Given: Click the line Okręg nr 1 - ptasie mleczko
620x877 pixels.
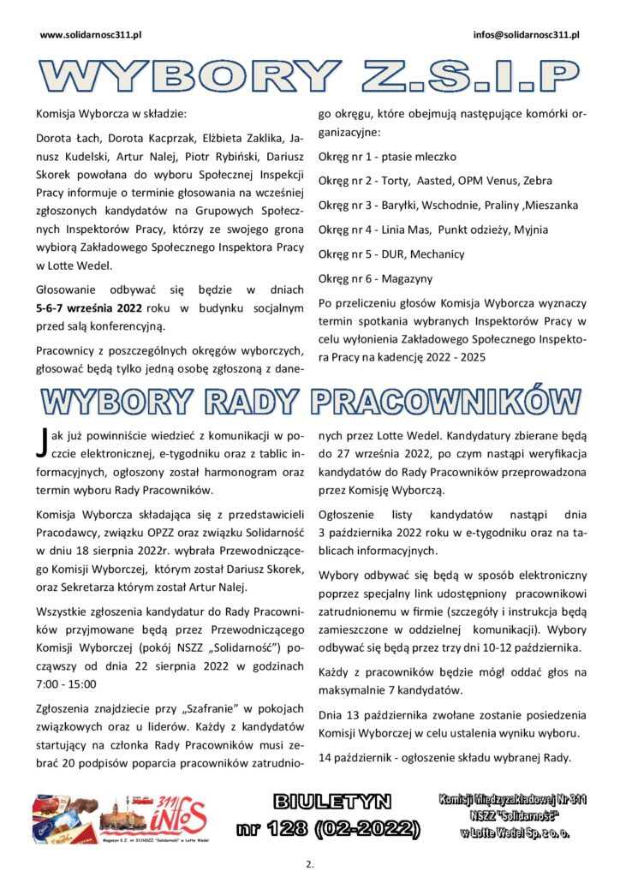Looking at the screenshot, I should (x=387, y=157).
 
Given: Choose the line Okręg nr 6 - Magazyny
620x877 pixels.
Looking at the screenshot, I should (x=375, y=278).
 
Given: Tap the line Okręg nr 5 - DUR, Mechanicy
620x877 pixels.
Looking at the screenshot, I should (x=390, y=254).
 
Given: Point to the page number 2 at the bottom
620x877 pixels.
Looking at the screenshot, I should (x=309, y=864).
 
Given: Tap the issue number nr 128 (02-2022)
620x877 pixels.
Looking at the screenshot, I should (x=329, y=828).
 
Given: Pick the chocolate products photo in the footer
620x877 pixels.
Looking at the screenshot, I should (x=64, y=819).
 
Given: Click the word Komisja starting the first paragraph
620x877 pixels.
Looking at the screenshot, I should (x=59, y=112).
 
